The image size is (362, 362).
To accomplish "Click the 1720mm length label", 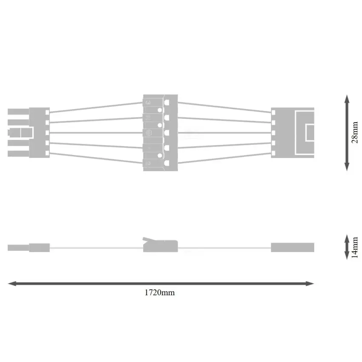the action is pos(160,293).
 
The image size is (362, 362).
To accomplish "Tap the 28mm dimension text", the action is pos(355,132).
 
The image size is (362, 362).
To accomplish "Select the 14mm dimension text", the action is pos(355,247).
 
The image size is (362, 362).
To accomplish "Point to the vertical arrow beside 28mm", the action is pos(347,133).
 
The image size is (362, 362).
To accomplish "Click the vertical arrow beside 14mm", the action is pos(347,247).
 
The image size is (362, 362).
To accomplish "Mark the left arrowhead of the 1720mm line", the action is pos(12,284).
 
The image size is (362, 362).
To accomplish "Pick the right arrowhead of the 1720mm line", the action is pos(310,284).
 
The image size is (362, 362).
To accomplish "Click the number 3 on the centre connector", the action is pos(148,102).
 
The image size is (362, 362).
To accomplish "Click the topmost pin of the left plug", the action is pos(18,112).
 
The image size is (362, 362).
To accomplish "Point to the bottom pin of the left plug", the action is pos(18,153).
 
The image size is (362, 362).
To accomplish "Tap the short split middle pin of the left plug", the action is pos(20,132).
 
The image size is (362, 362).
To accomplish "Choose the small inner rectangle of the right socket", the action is pos(310,132).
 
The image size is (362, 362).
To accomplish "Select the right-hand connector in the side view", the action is pos(293,247).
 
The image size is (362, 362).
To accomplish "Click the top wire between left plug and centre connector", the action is pos(96,107).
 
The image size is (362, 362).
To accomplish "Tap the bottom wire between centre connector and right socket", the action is pos(224,158).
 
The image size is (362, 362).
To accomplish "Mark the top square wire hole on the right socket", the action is pos(273,112).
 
